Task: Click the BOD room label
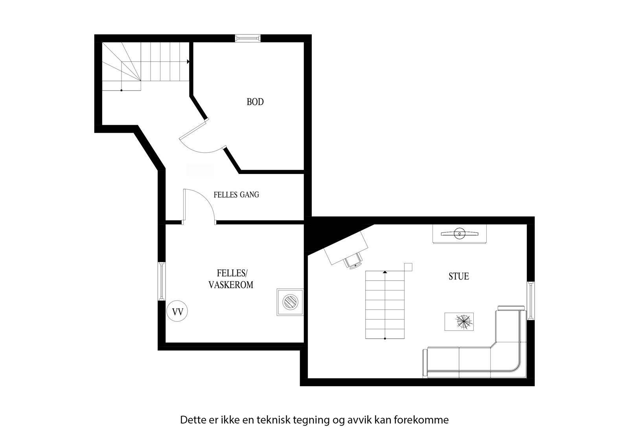tap(255, 102)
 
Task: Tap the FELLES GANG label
tap(236, 195)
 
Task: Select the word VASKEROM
tap(231, 285)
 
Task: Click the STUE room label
tap(459, 276)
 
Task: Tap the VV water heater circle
tap(177, 312)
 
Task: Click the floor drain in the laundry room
tap(290, 302)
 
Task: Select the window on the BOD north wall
tap(248, 38)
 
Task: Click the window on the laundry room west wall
tap(161, 281)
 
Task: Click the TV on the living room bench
tap(460, 234)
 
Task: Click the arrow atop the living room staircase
tap(385, 272)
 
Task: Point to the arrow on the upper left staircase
tap(189, 62)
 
